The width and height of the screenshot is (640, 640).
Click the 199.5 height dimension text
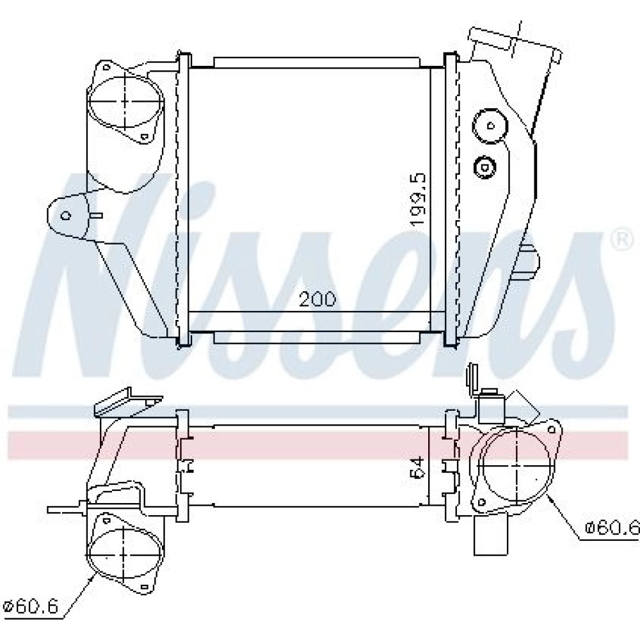pos(419,199)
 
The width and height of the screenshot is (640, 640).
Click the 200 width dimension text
pos(317,299)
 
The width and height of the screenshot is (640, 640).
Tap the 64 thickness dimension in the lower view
pos(420,467)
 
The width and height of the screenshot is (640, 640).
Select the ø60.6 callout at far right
pos(612,528)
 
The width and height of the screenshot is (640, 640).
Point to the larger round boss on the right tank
pos(490,126)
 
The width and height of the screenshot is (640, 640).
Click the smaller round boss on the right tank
pos(485,167)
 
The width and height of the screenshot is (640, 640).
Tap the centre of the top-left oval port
pos(125,100)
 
